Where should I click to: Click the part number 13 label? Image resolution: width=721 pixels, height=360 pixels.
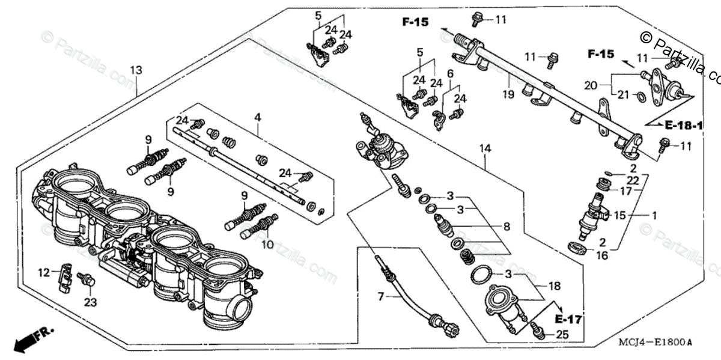136,70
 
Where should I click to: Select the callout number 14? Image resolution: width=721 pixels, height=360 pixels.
485,148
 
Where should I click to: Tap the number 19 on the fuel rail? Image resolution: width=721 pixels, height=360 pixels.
509,94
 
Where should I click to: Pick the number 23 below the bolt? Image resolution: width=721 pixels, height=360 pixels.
90,302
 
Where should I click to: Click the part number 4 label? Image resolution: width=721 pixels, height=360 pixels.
257,118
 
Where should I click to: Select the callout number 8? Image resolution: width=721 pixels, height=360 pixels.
506,227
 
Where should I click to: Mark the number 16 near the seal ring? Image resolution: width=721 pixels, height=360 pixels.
602,255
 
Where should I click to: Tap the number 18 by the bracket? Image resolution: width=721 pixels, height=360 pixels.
555,286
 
